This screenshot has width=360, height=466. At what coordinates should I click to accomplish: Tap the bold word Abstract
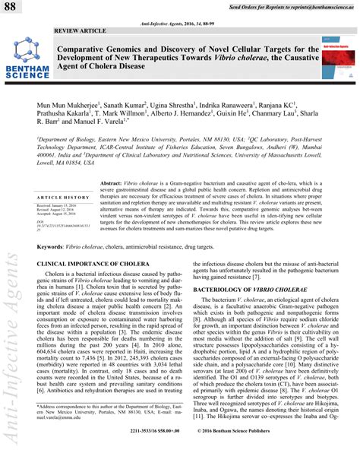click(x=112, y=184)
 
